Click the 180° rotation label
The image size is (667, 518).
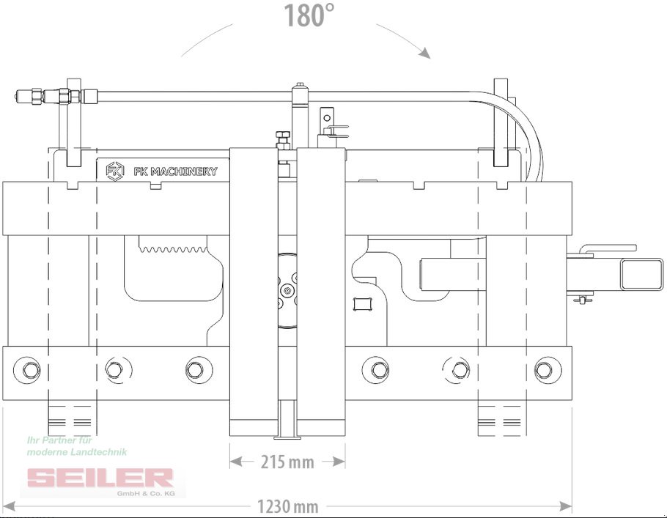[x=309, y=15]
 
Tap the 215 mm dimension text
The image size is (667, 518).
[x=287, y=462]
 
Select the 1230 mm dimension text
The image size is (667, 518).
[x=288, y=506]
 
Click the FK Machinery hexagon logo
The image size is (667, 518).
[x=115, y=171]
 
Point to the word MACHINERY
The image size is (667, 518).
[x=184, y=171]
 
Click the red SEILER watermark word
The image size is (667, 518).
[x=100, y=478]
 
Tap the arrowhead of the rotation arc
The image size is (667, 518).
[x=424, y=53]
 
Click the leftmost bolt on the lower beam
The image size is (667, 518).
[x=27, y=369]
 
